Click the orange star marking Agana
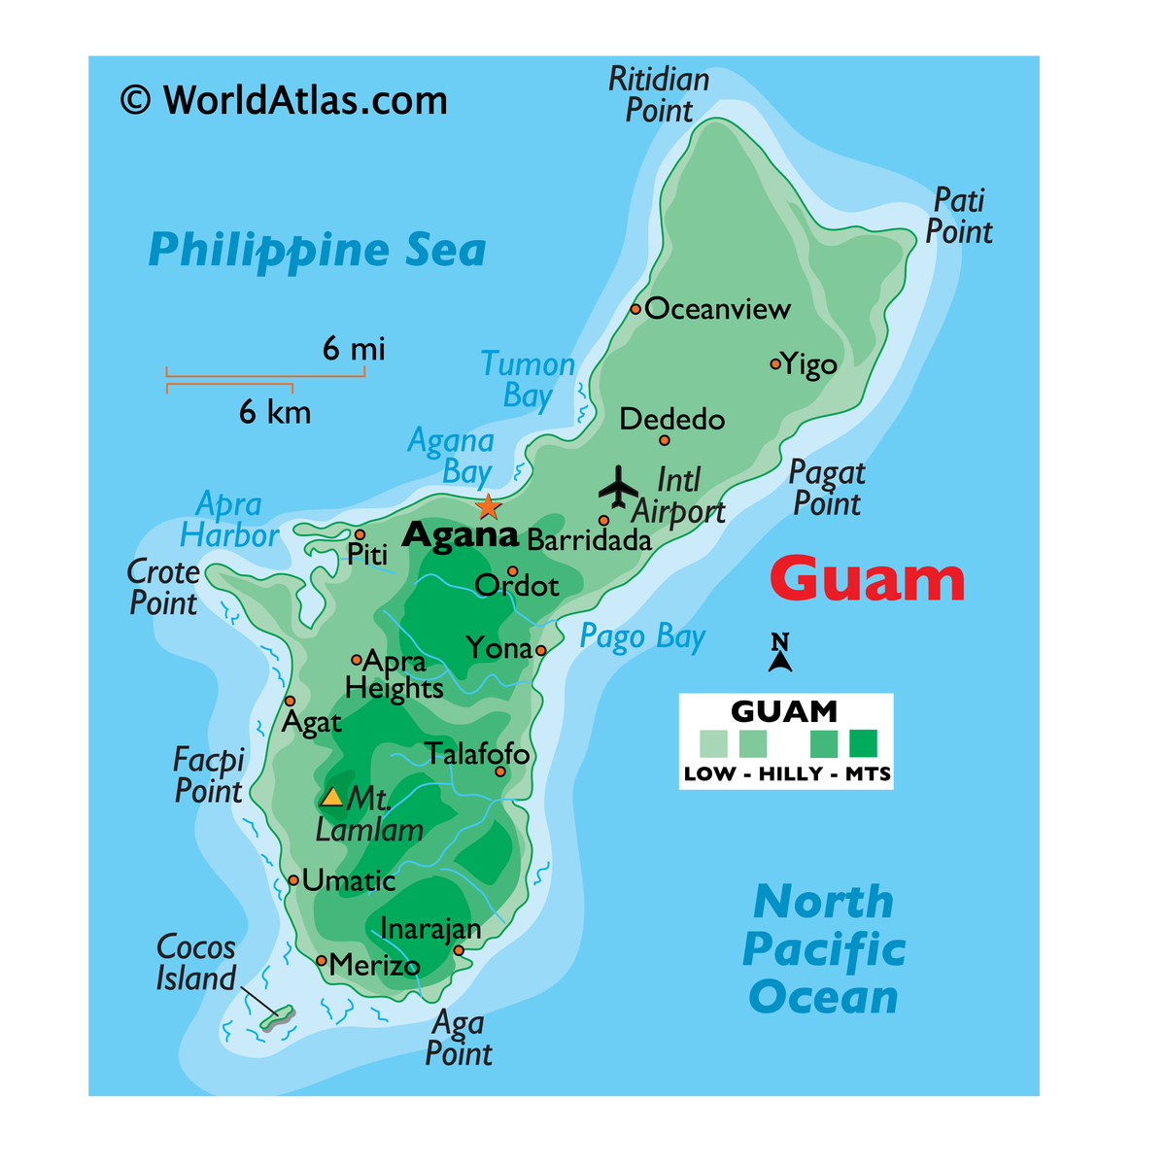tap(488, 506)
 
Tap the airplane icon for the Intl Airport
tap(619, 485)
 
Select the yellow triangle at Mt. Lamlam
tap(332, 798)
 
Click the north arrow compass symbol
tap(779, 653)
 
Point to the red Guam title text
tap(867, 579)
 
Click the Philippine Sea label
tap(317, 250)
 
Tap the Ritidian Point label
tap(659, 94)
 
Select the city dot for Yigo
tap(775, 364)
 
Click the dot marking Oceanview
tap(635, 309)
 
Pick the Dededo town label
tap(672, 420)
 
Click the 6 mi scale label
tap(354, 348)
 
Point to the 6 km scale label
tap(275, 412)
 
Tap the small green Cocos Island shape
tap(277, 1017)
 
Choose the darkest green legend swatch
tap(863, 743)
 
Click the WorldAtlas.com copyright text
tap(284, 100)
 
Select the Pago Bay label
tap(642, 637)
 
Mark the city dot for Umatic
tap(293, 880)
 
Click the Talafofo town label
tap(477, 753)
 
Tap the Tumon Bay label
tap(528, 380)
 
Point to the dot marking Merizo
tap(322, 961)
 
